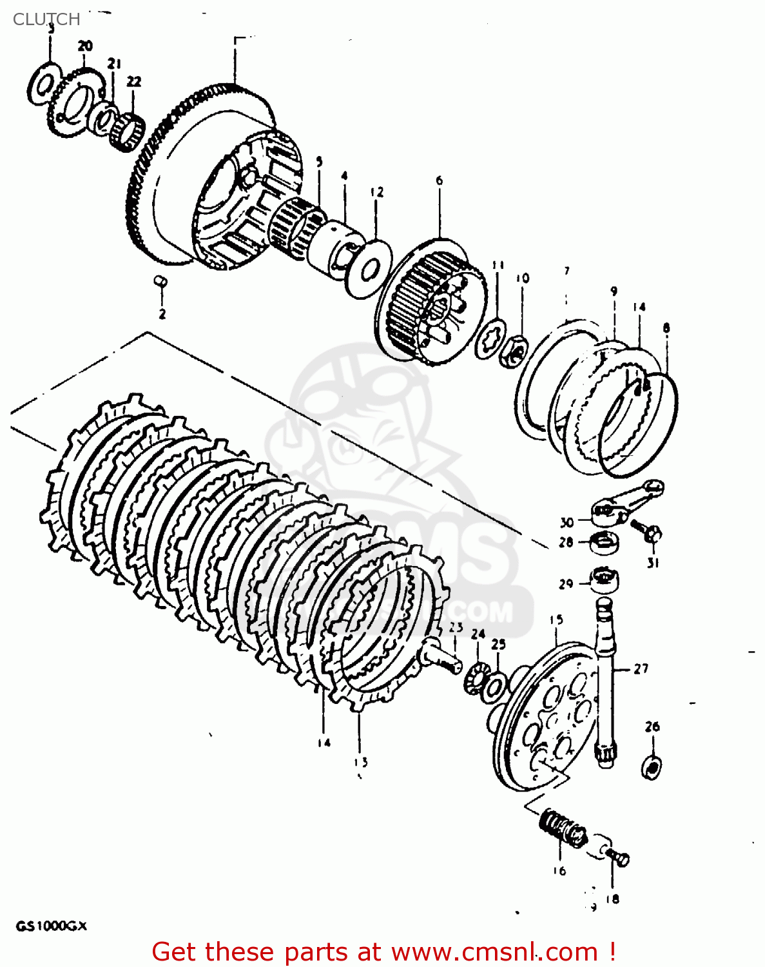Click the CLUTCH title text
click(x=46, y=19)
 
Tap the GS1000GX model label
click(x=51, y=926)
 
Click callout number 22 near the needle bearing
click(x=133, y=81)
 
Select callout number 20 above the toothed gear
click(x=85, y=46)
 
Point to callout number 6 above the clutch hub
click(x=440, y=181)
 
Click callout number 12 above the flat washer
click(x=377, y=191)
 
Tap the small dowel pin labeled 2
click(x=161, y=281)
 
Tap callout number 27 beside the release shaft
click(x=641, y=669)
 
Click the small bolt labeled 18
click(x=619, y=858)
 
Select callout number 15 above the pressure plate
click(x=556, y=620)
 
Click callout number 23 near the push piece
click(x=456, y=627)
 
